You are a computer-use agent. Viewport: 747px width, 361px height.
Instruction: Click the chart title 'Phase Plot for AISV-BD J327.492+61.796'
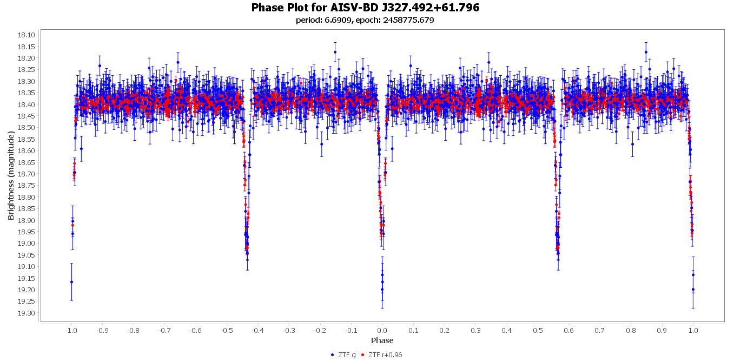(x=365, y=8)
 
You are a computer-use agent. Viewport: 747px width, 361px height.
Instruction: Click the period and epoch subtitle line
(x=365, y=21)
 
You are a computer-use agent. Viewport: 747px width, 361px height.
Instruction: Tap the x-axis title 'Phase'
(x=382, y=340)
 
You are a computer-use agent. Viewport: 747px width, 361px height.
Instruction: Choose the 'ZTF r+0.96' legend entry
(x=382, y=355)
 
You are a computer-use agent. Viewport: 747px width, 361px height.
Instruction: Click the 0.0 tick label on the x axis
(x=382, y=330)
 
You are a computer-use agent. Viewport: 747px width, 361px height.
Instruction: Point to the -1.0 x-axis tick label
(x=70, y=330)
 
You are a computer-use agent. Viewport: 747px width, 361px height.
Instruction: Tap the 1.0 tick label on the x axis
(x=693, y=330)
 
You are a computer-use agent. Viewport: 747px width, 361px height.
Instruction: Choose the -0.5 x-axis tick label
(x=226, y=330)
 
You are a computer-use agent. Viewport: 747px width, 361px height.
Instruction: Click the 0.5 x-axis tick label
(x=538, y=330)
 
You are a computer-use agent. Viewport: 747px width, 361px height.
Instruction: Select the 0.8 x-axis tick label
(x=631, y=330)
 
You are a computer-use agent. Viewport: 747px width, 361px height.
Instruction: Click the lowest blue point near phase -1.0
(x=71, y=282)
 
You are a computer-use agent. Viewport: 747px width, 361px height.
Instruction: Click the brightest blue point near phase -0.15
(x=335, y=52)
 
